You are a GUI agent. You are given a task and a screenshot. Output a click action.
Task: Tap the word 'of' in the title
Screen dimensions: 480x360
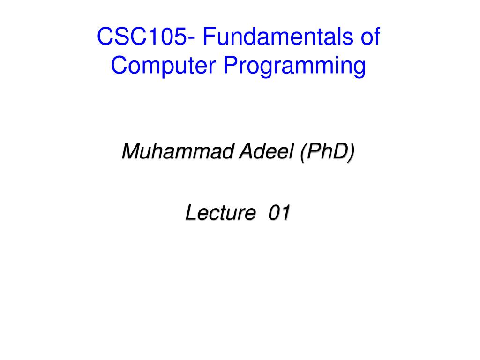point(370,37)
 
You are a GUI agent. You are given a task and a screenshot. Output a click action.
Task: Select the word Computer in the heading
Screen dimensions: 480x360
point(163,65)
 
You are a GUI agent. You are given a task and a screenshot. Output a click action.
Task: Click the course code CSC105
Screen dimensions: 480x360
point(142,37)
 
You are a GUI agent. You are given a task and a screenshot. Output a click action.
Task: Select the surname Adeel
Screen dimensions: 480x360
point(266,151)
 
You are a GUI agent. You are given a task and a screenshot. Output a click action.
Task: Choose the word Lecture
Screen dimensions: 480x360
point(220,212)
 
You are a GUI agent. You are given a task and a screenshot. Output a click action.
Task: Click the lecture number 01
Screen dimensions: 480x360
point(279,212)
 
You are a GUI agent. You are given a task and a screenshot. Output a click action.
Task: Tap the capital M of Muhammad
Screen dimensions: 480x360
point(132,151)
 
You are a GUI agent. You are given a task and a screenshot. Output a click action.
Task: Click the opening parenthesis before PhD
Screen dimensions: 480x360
point(303,152)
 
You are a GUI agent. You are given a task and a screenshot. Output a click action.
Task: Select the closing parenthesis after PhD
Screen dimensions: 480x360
point(351,152)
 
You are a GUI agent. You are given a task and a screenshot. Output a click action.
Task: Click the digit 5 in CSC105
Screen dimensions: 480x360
point(180,37)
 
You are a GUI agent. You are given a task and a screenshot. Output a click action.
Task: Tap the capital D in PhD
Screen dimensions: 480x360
point(339,151)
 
